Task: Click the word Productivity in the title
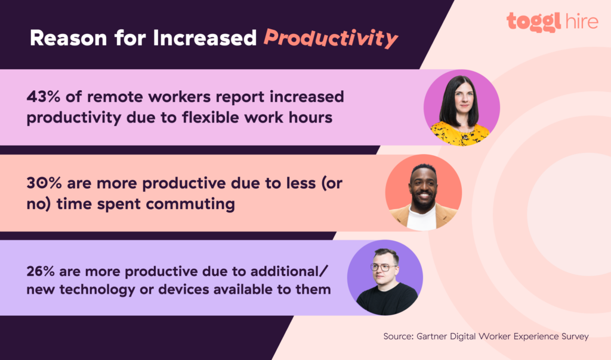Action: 331,38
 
